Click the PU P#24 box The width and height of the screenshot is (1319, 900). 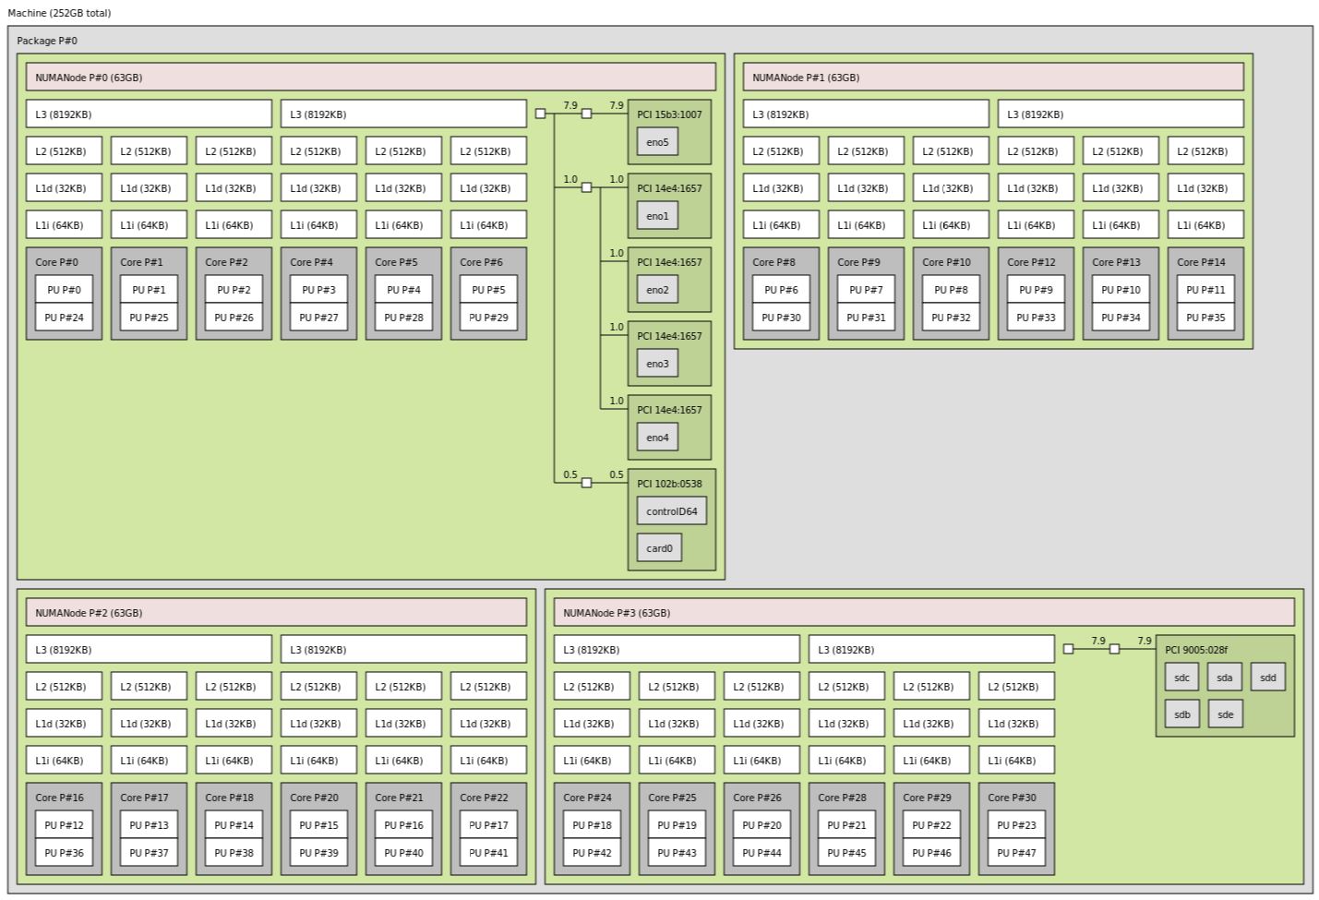(x=64, y=318)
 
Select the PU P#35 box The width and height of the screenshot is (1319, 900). (x=1205, y=318)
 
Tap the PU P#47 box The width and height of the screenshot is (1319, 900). (x=1016, y=853)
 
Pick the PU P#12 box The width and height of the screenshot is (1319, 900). (x=64, y=825)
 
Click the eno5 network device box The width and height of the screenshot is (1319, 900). (x=657, y=142)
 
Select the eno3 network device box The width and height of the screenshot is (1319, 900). (x=657, y=364)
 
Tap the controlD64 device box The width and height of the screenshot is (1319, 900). (x=671, y=511)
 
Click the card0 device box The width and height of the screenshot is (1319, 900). (x=659, y=548)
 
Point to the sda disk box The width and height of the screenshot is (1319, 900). (x=1224, y=678)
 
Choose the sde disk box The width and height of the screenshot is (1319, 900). (x=1225, y=714)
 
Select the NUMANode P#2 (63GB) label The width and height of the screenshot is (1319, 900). (x=89, y=613)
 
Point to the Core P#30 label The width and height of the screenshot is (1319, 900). (x=1012, y=798)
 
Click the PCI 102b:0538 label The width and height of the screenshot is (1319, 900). (x=669, y=484)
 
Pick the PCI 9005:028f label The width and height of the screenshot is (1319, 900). (x=1196, y=650)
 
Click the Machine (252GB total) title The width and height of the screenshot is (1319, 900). (x=59, y=13)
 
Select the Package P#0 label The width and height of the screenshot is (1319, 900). (x=47, y=41)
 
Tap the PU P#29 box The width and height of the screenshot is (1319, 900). (x=488, y=318)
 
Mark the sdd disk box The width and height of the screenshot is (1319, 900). (x=1267, y=678)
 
